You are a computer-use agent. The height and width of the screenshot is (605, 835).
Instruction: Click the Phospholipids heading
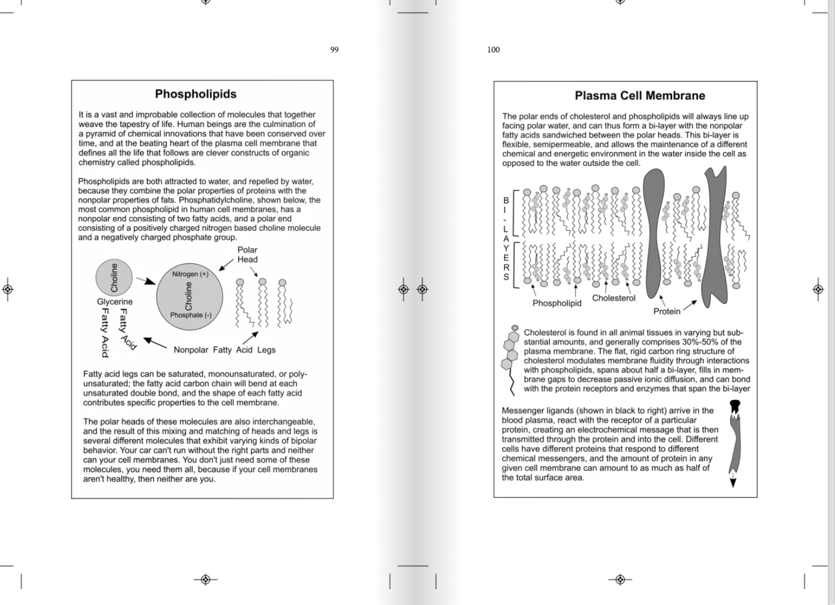point(195,94)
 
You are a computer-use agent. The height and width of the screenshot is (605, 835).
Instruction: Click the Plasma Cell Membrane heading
point(640,96)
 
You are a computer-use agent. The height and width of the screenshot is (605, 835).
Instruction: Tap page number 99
point(334,50)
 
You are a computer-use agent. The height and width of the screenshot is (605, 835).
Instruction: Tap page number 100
point(493,50)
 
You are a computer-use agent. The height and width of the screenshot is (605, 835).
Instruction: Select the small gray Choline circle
point(114,277)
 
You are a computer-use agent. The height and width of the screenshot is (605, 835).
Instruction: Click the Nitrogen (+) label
point(190,274)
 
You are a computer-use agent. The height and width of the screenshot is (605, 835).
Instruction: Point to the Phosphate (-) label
point(190,315)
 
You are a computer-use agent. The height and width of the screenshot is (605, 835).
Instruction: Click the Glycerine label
point(114,302)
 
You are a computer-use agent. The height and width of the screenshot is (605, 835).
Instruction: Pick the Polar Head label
point(247,255)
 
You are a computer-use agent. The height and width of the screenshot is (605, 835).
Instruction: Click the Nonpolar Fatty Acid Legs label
point(224,350)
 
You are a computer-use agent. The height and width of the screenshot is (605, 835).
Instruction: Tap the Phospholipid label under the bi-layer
point(556,303)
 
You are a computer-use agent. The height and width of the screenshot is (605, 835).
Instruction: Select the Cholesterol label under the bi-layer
point(613,298)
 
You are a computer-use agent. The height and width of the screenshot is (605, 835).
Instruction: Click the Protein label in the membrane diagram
point(666,311)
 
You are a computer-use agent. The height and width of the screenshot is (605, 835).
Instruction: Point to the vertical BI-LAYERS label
point(506,239)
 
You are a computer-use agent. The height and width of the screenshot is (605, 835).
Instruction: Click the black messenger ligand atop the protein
point(735,407)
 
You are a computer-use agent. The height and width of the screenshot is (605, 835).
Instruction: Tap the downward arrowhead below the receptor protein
point(733,483)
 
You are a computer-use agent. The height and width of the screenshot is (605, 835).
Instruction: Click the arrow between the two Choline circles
point(146,280)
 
